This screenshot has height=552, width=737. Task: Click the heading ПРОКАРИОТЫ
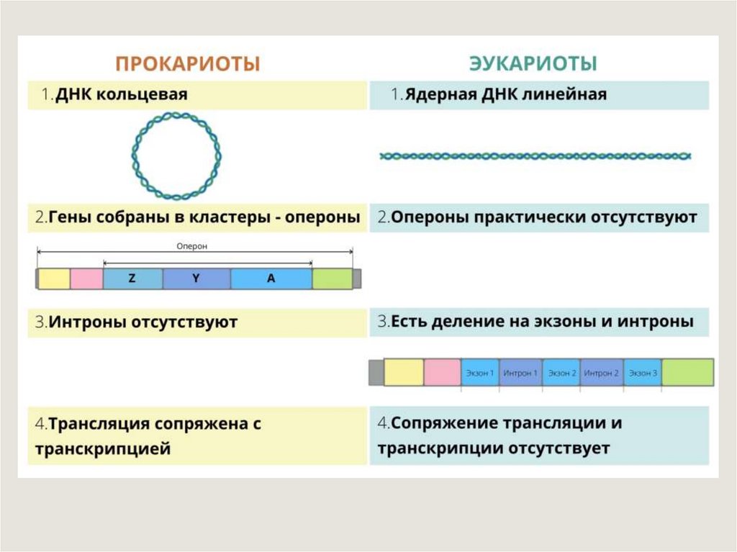[187, 63]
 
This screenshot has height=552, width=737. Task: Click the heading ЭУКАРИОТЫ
[533, 63]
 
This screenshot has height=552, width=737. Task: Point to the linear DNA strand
[535, 155]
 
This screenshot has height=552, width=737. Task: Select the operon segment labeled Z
[132, 279]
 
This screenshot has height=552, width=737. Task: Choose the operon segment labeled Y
[196, 279]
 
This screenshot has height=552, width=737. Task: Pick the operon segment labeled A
[271, 279]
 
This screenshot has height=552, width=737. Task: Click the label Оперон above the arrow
[192, 245]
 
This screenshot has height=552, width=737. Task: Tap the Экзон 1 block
[480, 373]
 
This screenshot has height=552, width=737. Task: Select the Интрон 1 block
[520, 373]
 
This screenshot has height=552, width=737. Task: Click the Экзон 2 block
[561, 373]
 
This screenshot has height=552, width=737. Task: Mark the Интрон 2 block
[602, 373]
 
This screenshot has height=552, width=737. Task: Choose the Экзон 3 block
[643, 373]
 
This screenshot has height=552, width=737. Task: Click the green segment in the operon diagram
[332, 279]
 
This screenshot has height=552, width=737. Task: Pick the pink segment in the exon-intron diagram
[442, 373]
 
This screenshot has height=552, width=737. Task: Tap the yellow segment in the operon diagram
[54, 279]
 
